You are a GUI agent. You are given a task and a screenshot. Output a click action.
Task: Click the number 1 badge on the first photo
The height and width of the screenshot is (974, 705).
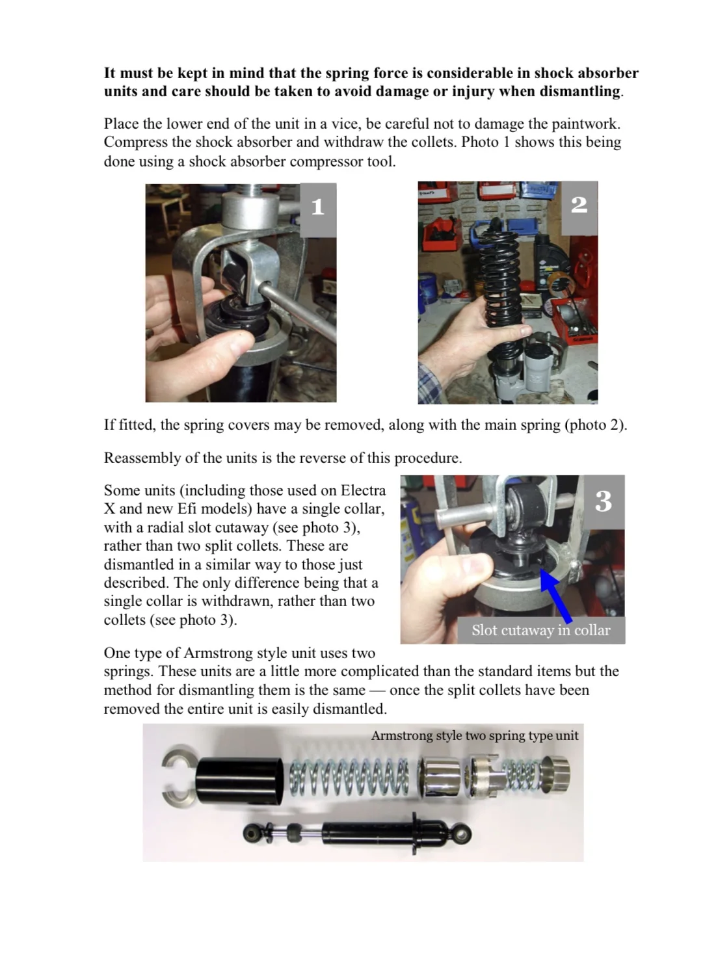pos(317,207)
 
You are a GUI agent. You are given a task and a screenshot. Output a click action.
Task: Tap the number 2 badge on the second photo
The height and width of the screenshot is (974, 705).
pos(578,205)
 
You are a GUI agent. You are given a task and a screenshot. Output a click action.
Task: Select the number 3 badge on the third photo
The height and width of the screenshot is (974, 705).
pos(603,501)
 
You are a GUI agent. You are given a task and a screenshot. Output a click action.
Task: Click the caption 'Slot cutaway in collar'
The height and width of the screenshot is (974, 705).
pos(540,630)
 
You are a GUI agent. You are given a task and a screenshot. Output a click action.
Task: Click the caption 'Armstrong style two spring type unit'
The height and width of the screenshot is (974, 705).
pos(474,735)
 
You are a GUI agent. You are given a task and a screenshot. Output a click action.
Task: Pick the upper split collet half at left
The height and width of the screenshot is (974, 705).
pos(176,757)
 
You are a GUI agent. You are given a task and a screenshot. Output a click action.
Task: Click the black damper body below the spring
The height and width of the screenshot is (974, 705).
pos(377,833)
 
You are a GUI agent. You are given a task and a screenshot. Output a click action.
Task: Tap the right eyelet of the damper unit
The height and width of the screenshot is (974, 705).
pos(461,834)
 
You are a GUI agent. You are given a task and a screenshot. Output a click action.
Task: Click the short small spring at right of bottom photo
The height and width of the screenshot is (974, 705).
pos(525,776)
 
